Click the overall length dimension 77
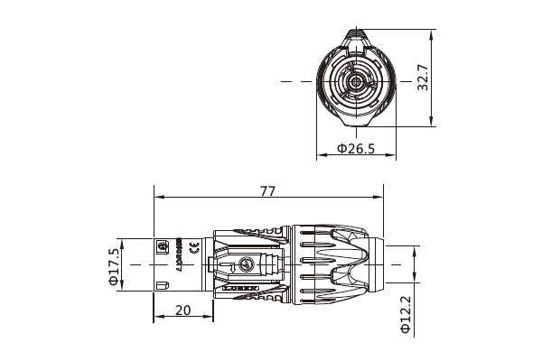pyautogui.click(x=267, y=190)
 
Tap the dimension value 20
pyautogui.click(x=183, y=310)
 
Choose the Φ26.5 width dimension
pyautogui.click(x=356, y=149)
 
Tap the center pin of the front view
pyautogui.click(x=357, y=82)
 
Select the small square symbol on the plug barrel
pyautogui.click(x=164, y=246)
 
